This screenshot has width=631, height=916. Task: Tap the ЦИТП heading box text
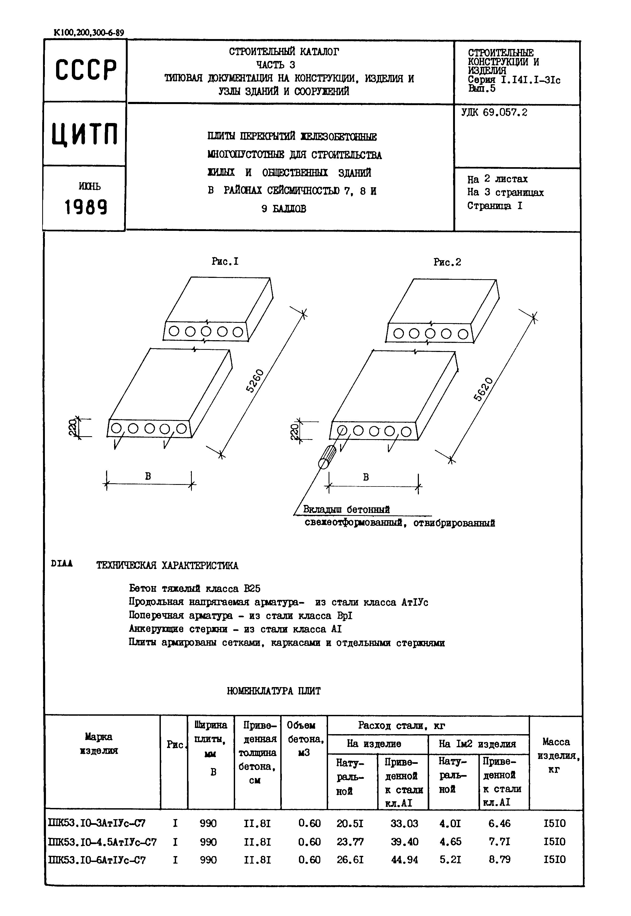pyautogui.click(x=85, y=134)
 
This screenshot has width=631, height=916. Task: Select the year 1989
pyautogui.click(x=86, y=207)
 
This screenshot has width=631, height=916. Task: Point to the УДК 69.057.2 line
pyautogui.click(x=494, y=112)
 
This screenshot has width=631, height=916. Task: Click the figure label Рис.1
pyautogui.click(x=225, y=261)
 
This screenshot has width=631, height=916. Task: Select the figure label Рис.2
pyautogui.click(x=447, y=262)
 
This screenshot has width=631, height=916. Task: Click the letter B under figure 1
pyautogui.click(x=148, y=476)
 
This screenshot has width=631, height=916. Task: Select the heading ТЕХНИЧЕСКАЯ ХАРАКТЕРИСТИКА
pyautogui.click(x=167, y=565)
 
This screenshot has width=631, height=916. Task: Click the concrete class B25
pyautogui.click(x=252, y=589)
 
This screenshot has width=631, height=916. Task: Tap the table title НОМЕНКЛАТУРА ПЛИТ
pyautogui.click(x=274, y=691)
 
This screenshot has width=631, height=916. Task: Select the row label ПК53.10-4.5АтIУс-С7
pyautogui.click(x=102, y=842)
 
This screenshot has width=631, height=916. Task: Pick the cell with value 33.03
pyautogui.click(x=404, y=823)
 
